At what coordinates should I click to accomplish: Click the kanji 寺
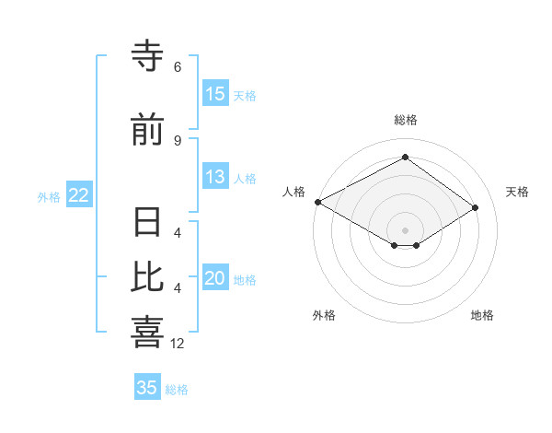pos(147,58)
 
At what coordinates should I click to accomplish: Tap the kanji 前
pos(147,131)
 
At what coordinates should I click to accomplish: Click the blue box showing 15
pos(215,94)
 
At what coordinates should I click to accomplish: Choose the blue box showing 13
pos(215,177)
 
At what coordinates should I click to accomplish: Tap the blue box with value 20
pos(215,278)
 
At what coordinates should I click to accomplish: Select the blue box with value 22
pos(78,195)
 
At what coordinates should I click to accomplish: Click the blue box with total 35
pos(147,388)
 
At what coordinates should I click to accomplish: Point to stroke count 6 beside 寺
pos(178,67)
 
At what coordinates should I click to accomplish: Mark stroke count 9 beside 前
pos(178,140)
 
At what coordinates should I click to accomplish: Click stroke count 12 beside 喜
pos(178,343)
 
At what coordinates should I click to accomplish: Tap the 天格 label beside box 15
pos(245,96)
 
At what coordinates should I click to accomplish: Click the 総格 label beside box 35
pos(177,390)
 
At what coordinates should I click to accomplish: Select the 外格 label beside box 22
pos(49,197)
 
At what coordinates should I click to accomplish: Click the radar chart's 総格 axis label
pos(405,120)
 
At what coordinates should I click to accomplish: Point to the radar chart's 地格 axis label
pos(482,315)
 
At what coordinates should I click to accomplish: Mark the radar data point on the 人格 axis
pos(317,202)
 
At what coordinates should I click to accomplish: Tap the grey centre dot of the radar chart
pos(405,229)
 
